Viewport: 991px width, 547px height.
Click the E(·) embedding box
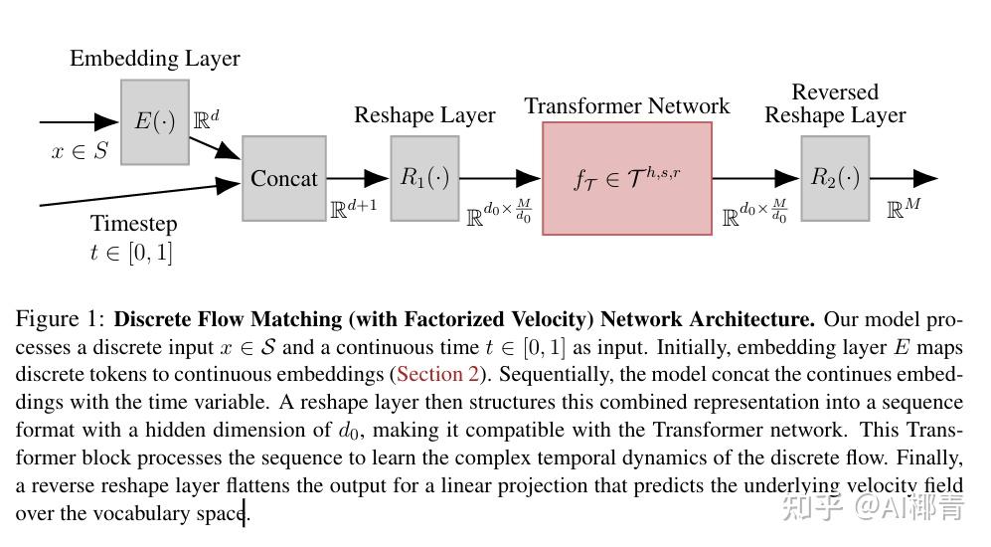pyautogui.click(x=154, y=121)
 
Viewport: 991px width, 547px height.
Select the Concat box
pyautogui.click(x=283, y=178)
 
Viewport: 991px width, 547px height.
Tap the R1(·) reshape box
pyautogui.click(x=424, y=178)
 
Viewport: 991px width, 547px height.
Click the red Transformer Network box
pyautogui.click(x=626, y=178)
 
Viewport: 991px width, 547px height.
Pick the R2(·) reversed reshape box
pyautogui.click(x=835, y=178)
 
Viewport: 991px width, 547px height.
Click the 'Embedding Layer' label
pyautogui.click(x=154, y=59)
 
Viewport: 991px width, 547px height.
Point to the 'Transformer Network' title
pyautogui.click(x=626, y=106)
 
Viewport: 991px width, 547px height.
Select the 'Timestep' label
pyautogui.click(x=133, y=223)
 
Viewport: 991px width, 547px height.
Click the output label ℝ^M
pyautogui.click(x=904, y=209)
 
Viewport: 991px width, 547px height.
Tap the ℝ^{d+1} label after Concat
pyautogui.click(x=353, y=210)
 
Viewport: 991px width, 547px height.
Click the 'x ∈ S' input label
pyautogui.click(x=79, y=152)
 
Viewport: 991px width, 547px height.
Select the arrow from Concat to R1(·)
pyautogui.click(x=358, y=178)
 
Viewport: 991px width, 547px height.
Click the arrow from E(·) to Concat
pyautogui.click(x=215, y=147)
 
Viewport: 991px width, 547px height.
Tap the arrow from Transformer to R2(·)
pyautogui.click(x=755, y=178)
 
